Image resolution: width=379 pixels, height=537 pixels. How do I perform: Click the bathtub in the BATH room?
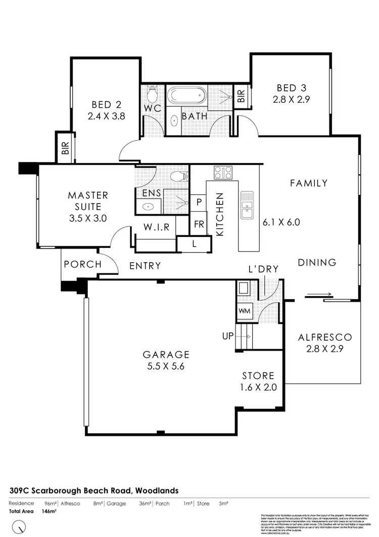click(x=186, y=95)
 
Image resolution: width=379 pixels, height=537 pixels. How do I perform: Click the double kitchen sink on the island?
click(x=247, y=205)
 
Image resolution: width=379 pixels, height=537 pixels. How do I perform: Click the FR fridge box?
click(x=199, y=224)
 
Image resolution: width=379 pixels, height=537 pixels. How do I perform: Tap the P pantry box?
click(x=199, y=202)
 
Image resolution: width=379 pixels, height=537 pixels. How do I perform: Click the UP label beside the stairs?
click(x=228, y=336)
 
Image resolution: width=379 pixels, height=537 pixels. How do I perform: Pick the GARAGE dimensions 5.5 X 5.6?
click(x=166, y=367)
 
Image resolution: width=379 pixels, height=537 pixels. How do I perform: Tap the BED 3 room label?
click(x=290, y=87)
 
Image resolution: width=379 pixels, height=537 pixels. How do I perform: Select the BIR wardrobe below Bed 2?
click(x=65, y=148)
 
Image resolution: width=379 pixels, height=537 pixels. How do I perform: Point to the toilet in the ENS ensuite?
click(x=177, y=176)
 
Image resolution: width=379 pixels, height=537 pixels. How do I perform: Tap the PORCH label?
click(x=82, y=264)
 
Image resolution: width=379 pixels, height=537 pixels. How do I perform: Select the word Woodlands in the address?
click(x=157, y=490)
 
